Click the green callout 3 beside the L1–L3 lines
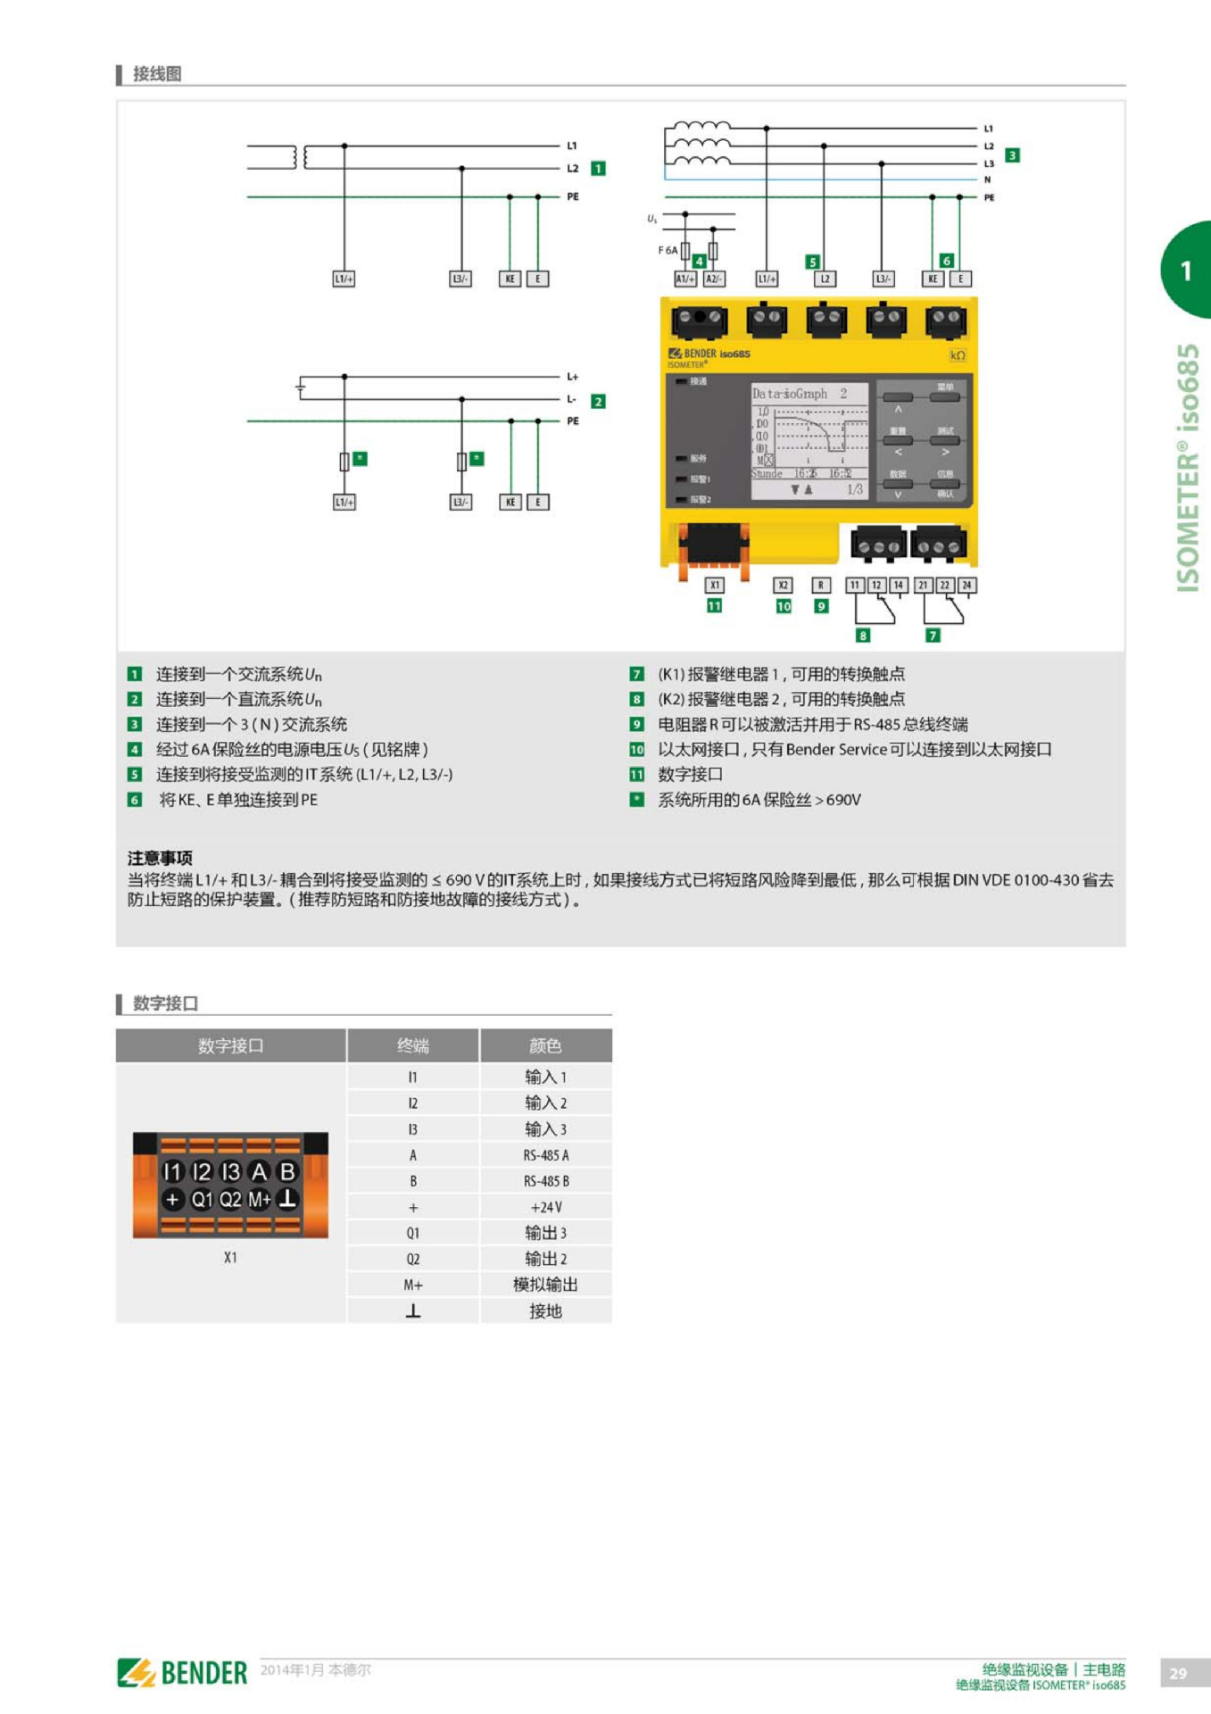[1012, 155]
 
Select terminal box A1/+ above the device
[684, 279]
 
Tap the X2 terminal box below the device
[783, 586]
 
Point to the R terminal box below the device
[821, 586]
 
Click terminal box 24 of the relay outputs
[966, 586]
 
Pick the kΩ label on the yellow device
[958, 355]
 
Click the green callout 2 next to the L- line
[598, 402]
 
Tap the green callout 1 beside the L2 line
[598, 168]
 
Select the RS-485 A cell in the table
[545, 1155]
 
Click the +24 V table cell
[545, 1207]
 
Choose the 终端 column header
[412, 1045]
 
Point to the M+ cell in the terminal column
[412, 1285]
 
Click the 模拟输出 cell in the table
[545, 1285]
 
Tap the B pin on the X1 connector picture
[287, 1171]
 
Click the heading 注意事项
[160, 858]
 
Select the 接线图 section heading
[157, 74]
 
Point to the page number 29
[1178, 1673]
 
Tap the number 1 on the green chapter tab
[1186, 270]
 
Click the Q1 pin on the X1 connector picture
[202, 1200]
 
